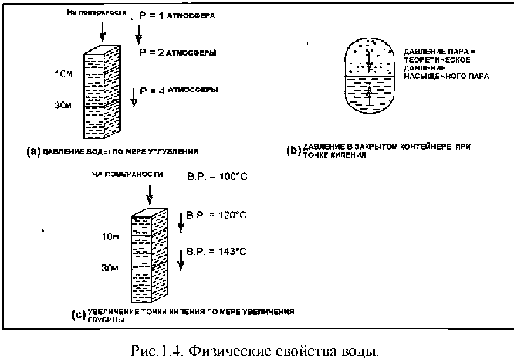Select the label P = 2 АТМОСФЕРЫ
tap(177, 52)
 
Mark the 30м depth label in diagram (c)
tap(110, 269)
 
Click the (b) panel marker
tap(292, 150)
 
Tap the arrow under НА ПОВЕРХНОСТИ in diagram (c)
tap(150, 192)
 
